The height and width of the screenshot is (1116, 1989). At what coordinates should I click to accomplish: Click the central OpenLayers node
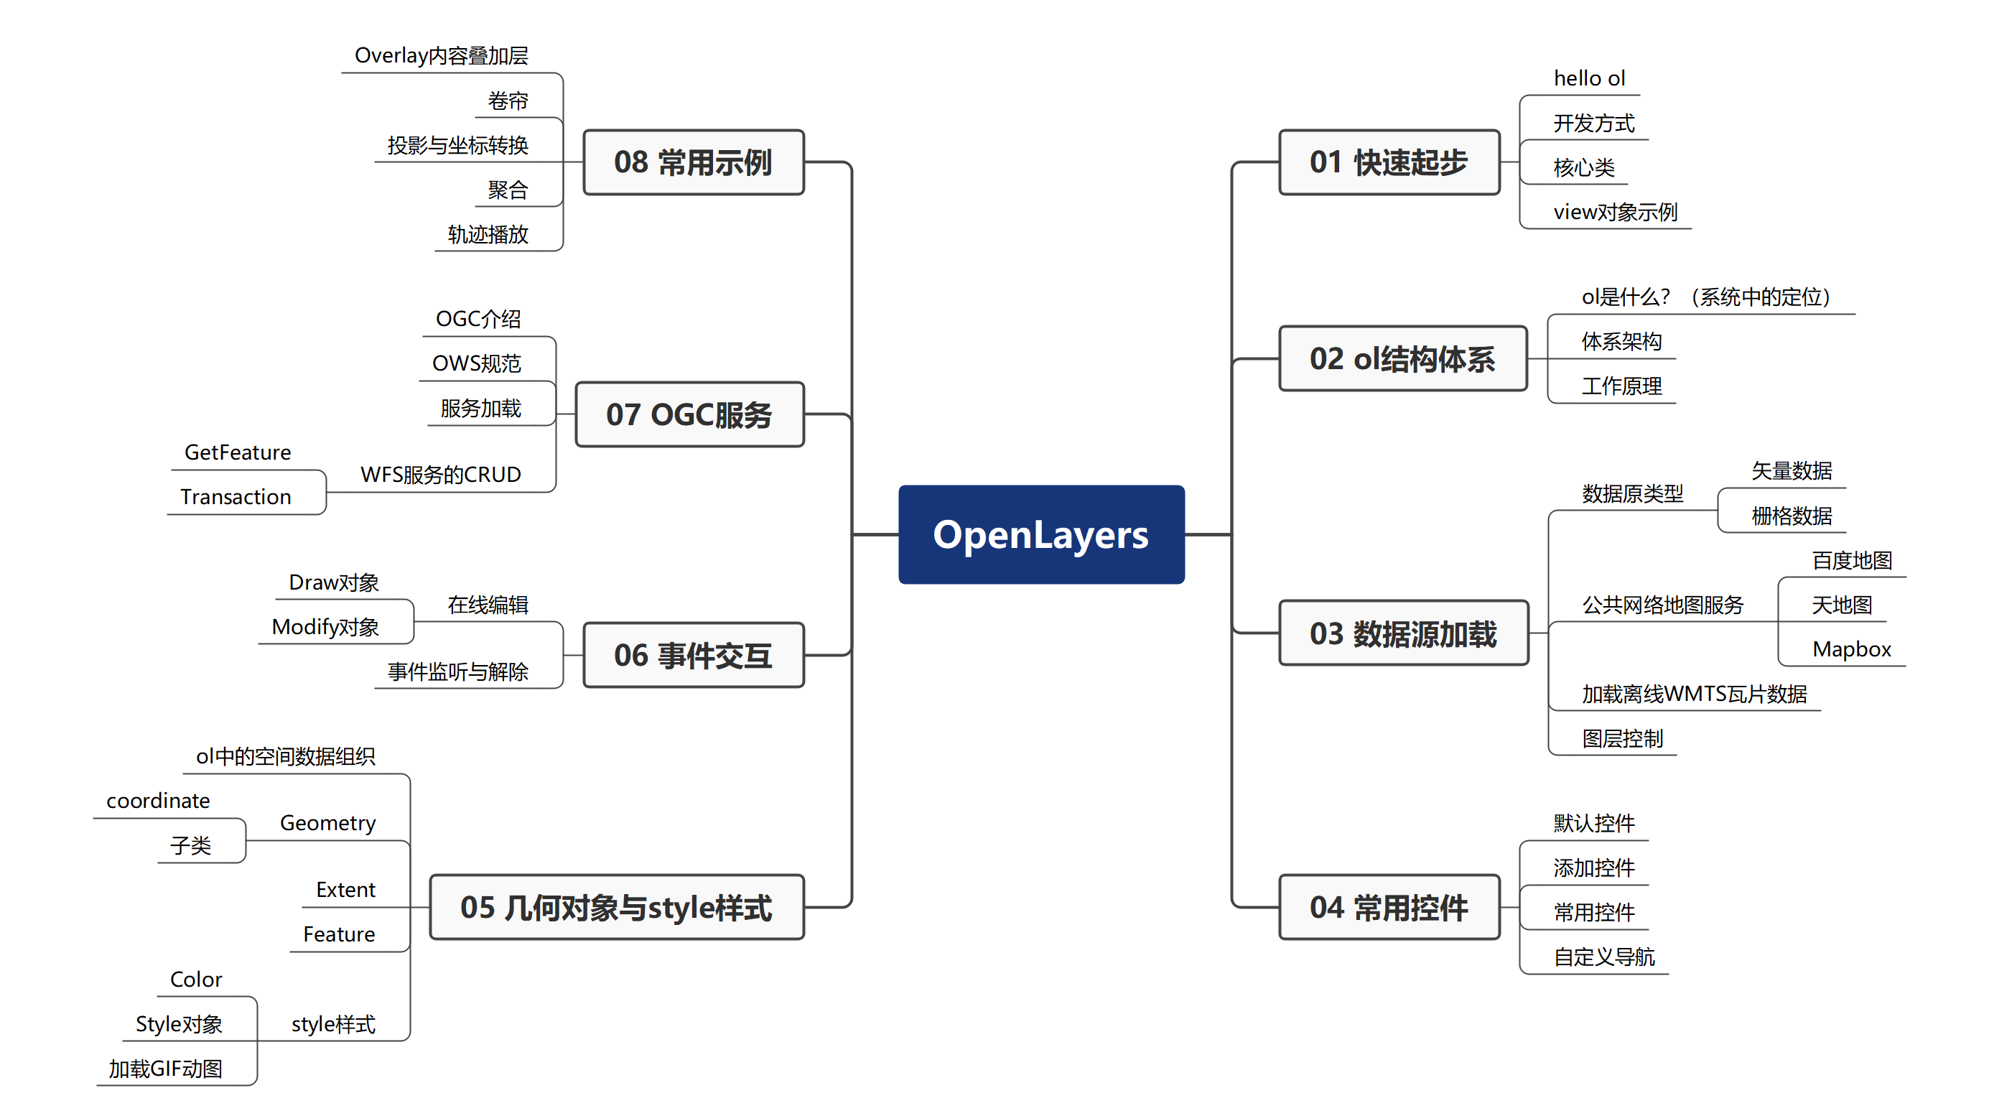(x=1041, y=534)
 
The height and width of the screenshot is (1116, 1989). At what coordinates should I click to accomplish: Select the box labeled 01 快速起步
(x=1388, y=162)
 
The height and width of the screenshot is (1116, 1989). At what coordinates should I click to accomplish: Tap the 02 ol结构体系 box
(x=1402, y=359)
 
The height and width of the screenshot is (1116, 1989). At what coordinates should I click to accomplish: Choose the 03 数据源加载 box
(x=1403, y=633)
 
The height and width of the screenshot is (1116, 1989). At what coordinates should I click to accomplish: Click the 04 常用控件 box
(x=1388, y=908)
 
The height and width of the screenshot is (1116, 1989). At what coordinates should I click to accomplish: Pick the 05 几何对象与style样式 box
(x=616, y=908)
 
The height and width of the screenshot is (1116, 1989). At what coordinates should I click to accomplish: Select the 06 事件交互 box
(x=693, y=655)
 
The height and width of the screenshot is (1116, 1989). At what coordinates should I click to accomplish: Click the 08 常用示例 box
(x=693, y=162)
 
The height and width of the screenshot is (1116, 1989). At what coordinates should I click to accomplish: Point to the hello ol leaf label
(x=1589, y=78)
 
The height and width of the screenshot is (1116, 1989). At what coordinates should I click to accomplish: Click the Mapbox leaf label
(x=1851, y=648)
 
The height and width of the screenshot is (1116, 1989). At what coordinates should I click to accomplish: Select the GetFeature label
(x=238, y=452)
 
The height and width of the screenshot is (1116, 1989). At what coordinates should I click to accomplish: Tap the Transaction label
(x=236, y=497)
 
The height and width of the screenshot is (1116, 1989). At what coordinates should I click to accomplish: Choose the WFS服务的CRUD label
(x=440, y=474)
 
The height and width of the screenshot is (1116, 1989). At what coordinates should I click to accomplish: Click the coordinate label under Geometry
(x=158, y=801)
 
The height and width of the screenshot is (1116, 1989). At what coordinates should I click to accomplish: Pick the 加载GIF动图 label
(x=165, y=1069)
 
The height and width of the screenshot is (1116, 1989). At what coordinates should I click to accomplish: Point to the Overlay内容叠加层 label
(x=441, y=55)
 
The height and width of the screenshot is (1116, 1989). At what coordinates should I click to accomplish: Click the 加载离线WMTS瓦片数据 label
(x=1693, y=694)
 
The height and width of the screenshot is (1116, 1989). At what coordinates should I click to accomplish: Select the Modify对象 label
(x=325, y=626)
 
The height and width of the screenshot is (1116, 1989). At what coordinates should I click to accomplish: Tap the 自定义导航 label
(x=1603, y=957)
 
